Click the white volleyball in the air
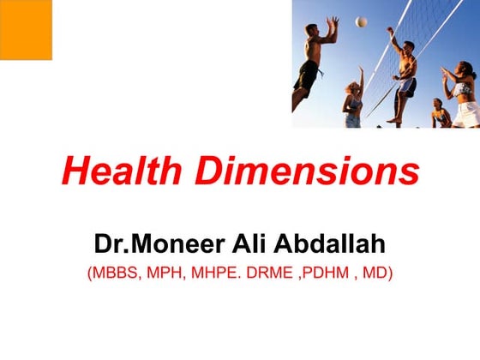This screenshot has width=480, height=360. [x=362, y=21]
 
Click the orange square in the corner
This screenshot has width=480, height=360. [x=26, y=29]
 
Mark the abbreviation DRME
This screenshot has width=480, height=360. [x=274, y=275]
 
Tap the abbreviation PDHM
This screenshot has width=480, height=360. [x=330, y=275]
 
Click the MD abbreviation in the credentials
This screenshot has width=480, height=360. [x=375, y=275]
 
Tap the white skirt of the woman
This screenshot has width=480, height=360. [x=466, y=111]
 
